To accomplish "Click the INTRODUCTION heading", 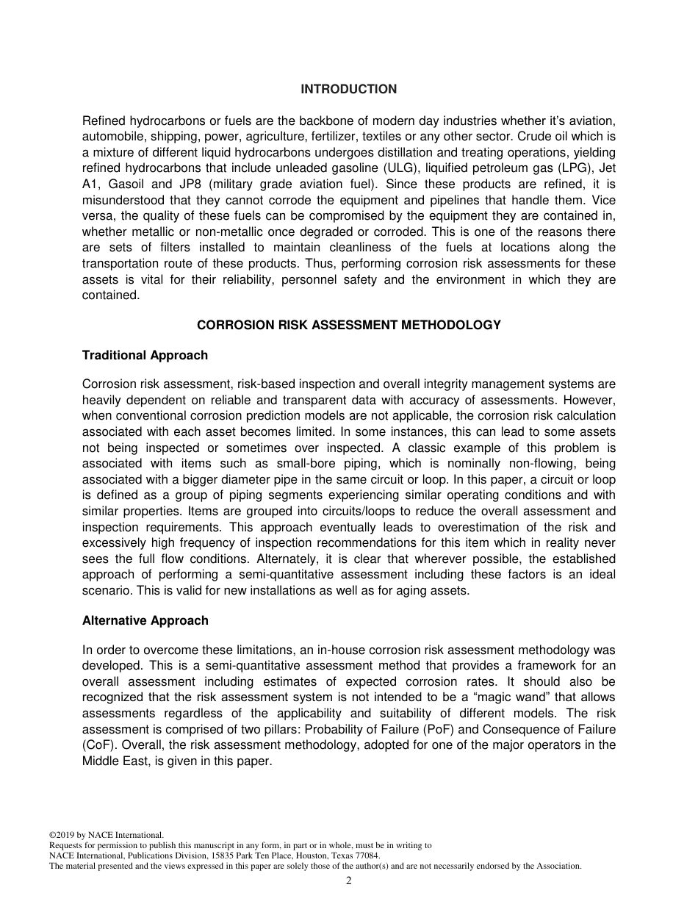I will [348, 89].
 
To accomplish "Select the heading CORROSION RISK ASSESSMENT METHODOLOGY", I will [348, 325].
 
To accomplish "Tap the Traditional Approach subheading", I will [145, 355].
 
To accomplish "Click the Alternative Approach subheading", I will [145, 620].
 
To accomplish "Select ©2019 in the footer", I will [62, 835].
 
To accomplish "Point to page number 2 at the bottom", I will [349, 881].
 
